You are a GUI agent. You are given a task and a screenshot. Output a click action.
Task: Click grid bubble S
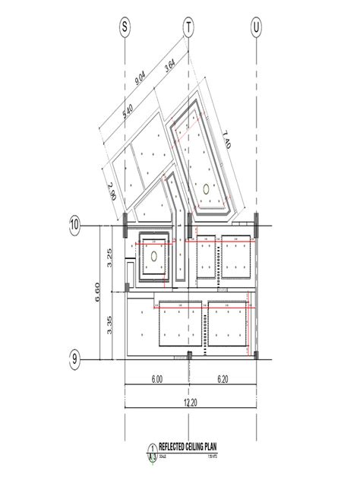[125, 27]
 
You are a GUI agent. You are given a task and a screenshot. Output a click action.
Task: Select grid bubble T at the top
[188, 27]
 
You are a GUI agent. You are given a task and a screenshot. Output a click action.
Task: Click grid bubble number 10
[75, 225]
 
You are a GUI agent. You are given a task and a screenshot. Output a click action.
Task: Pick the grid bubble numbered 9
[75, 359]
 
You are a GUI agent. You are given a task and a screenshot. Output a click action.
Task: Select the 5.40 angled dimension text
[132, 112]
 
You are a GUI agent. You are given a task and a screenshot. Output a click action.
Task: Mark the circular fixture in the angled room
[205, 187]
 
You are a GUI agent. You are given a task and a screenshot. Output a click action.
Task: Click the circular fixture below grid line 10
[154, 257]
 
